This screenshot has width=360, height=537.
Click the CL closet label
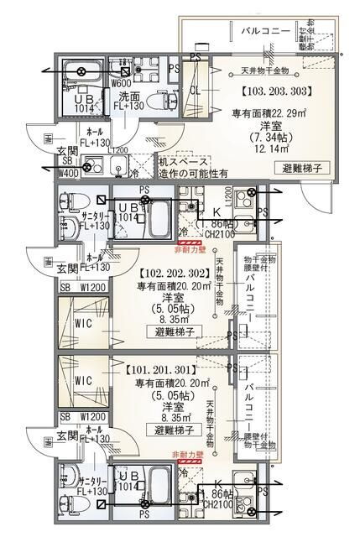[194, 90]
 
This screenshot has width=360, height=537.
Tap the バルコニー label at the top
[266, 31]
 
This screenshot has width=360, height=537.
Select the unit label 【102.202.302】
[168, 273]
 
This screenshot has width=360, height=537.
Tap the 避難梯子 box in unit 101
[175, 430]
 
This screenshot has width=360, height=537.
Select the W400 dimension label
[68, 174]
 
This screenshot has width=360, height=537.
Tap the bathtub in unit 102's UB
[155, 224]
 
